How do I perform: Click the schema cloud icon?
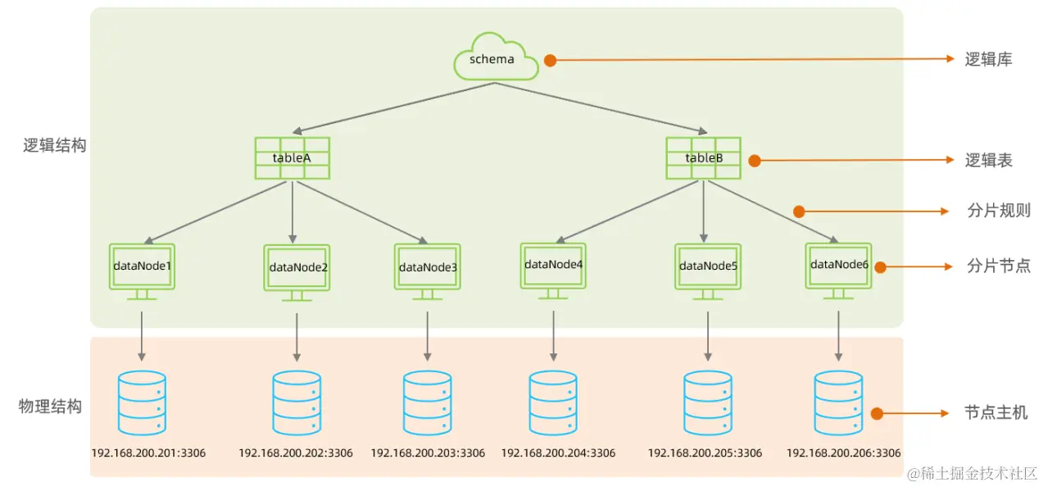click(x=495, y=57)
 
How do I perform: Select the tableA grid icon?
click(x=292, y=157)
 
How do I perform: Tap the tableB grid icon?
click(x=703, y=157)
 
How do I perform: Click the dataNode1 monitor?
click(x=142, y=267)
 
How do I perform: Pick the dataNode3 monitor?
click(x=428, y=267)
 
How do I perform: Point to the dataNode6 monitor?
click(x=838, y=266)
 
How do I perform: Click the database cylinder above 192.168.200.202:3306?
click(x=296, y=403)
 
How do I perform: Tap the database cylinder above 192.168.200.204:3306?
click(x=553, y=403)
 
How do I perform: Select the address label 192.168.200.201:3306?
click(x=148, y=453)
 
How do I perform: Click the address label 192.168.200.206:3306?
click(x=843, y=453)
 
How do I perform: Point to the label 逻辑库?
click(x=988, y=59)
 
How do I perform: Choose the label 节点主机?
click(x=995, y=413)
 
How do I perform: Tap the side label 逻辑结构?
click(x=54, y=146)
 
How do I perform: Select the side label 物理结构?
click(x=51, y=407)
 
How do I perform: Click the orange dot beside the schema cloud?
click(x=551, y=60)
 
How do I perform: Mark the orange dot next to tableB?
click(x=755, y=162)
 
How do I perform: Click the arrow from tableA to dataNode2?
click(x=292, y=212)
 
